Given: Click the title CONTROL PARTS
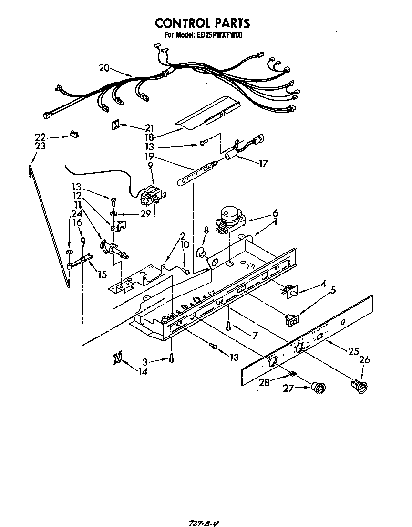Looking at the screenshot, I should point(202,23).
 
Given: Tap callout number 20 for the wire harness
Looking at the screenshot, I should point(104,68).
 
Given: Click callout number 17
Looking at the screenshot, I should point(262,163).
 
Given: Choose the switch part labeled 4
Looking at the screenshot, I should point(289,290).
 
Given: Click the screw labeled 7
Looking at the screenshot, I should point(229,327).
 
